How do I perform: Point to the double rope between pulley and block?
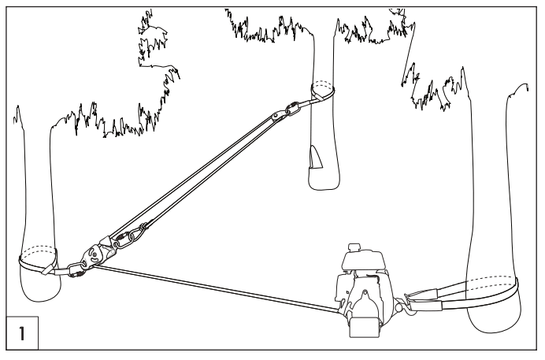[197, 177]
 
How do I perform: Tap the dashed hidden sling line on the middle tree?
[323, 84]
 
